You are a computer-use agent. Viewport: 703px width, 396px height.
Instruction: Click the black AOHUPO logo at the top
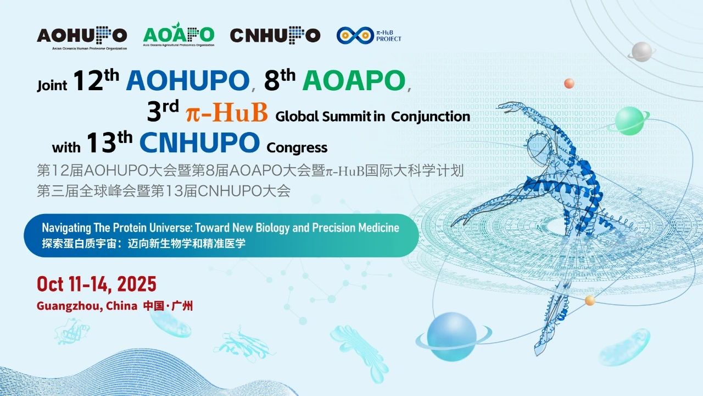[82, 38]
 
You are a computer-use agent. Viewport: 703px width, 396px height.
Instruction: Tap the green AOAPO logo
[178, 34]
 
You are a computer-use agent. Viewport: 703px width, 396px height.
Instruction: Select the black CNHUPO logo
[275, 35]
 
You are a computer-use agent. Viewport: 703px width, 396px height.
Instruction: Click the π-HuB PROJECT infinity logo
[369, 35]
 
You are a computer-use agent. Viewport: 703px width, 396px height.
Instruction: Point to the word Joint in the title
[52, 85]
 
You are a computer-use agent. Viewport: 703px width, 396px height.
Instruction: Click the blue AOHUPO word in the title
[188, 80]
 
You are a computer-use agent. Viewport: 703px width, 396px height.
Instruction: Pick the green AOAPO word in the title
[354, 80]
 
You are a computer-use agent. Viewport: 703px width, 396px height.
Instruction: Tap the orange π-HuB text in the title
[227, 112]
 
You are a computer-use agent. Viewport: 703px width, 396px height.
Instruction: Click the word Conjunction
[431, 117]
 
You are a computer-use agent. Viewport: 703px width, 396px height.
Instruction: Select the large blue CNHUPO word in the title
[199, 142]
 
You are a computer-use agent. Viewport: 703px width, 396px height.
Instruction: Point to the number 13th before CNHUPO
[109, 142]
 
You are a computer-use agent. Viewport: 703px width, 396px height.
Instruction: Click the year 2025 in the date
[137, 284]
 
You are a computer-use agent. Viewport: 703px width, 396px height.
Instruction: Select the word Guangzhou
[69, 306]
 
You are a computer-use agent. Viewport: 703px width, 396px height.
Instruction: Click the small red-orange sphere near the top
[569, 84]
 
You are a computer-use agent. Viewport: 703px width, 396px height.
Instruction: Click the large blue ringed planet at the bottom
[452, 336]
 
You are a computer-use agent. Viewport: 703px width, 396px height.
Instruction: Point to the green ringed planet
[629, 121]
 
